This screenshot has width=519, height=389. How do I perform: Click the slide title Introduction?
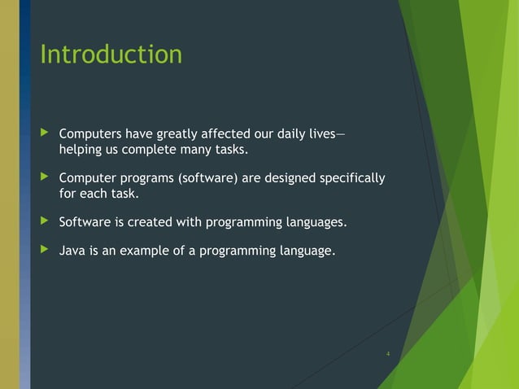[111, 55]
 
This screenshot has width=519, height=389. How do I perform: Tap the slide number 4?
[388, 354]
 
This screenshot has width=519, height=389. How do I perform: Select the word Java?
[72, 251]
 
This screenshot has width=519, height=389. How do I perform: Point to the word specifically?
[353, 178]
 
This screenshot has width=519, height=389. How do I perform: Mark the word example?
[142, 251]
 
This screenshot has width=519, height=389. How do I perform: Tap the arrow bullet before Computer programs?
[44, 178]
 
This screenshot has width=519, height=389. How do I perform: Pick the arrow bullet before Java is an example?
[44, 251]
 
